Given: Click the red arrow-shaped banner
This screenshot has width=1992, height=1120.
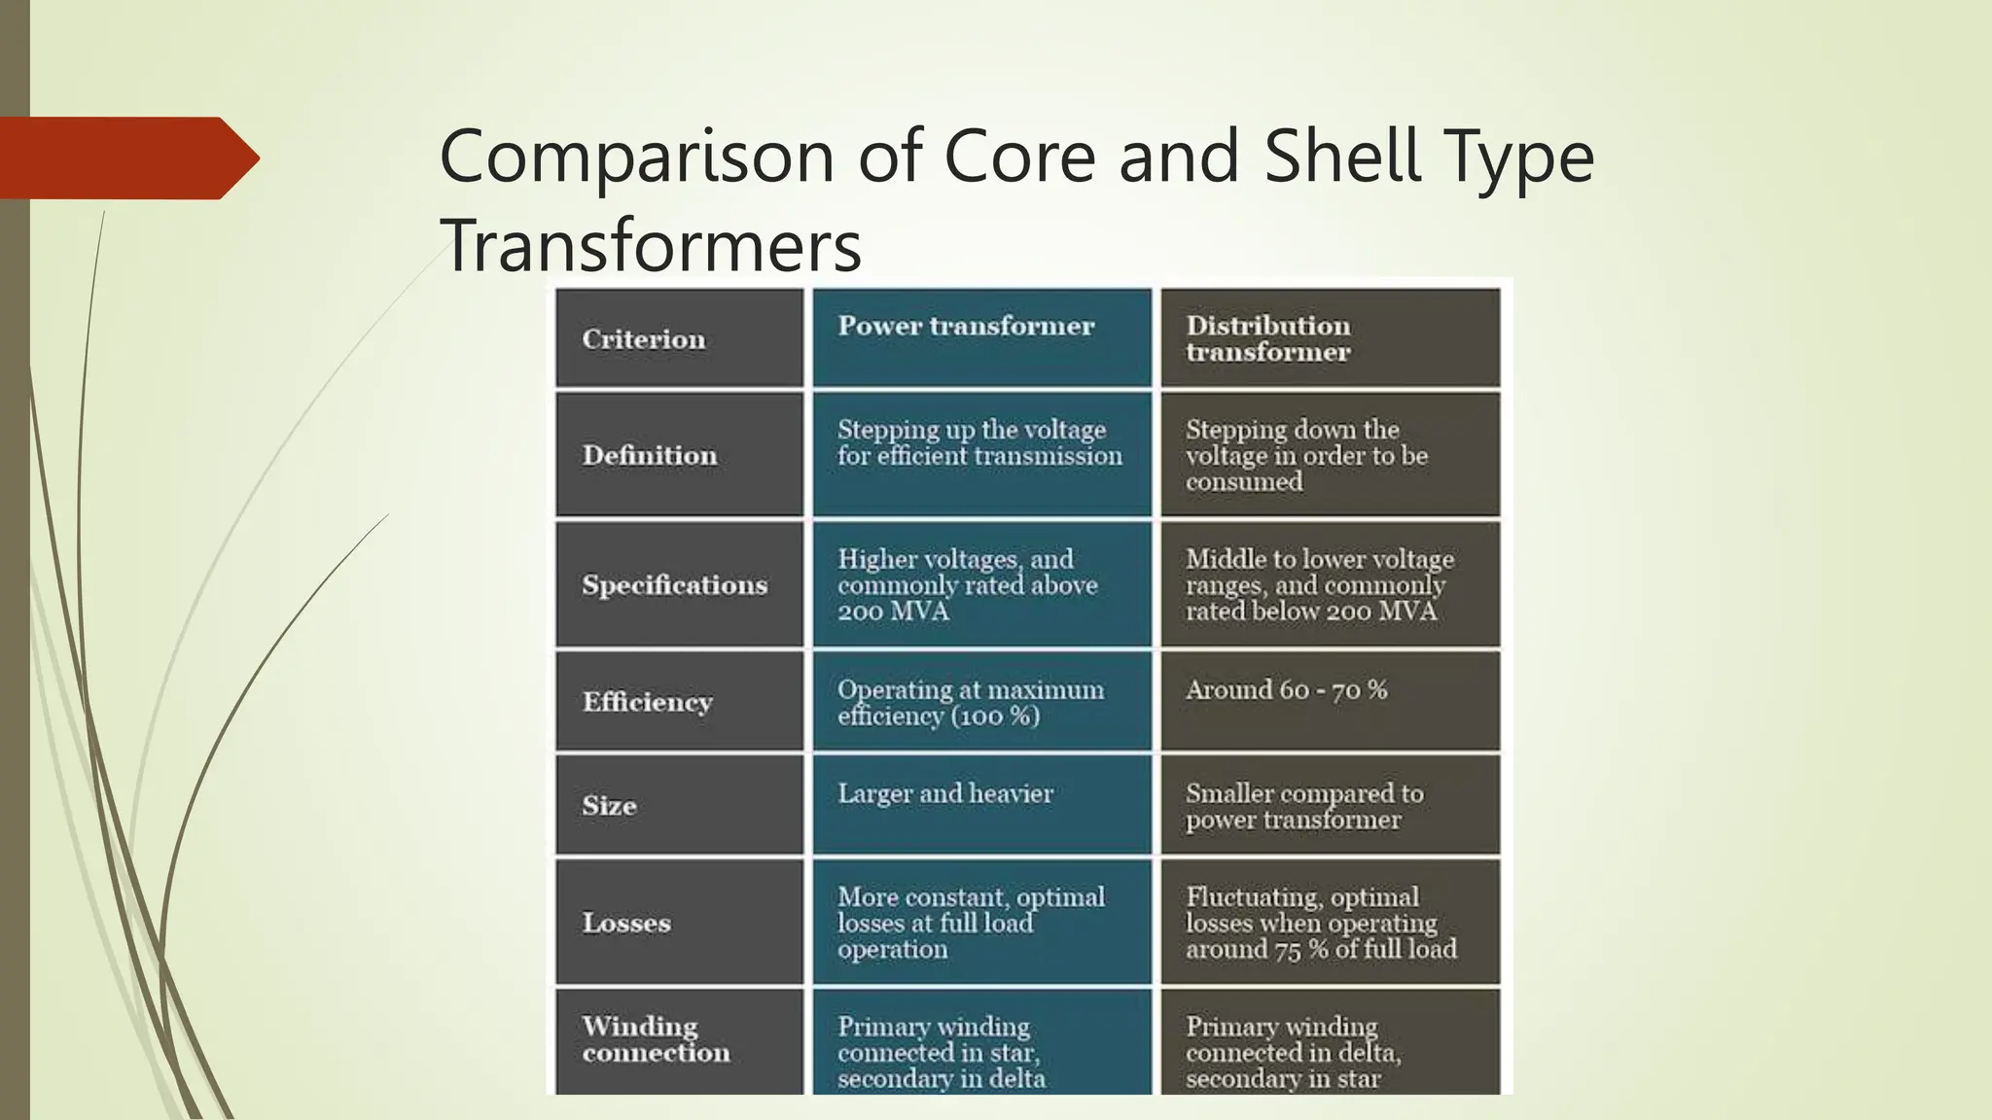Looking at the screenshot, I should point(126,157).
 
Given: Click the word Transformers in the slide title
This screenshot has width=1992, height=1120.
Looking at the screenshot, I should point(651,245).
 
